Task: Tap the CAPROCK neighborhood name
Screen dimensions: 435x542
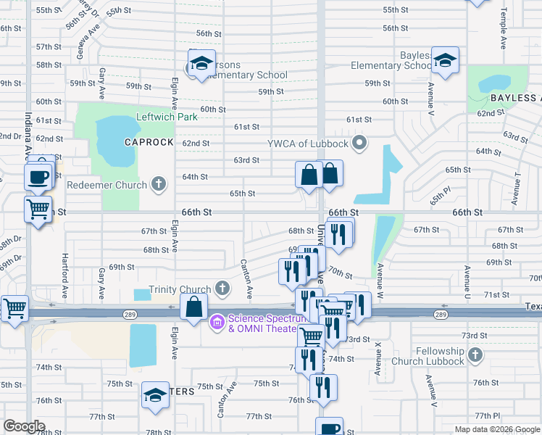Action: tap(149, 142)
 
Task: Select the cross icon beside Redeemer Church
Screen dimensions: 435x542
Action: tap(158, 184)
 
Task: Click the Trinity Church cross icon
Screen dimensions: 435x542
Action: tap(222, 289)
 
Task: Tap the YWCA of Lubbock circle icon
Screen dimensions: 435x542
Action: tap(357, 142)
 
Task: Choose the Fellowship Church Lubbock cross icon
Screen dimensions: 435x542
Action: tap(475, 355)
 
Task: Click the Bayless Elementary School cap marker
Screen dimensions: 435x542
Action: tap(445, 60)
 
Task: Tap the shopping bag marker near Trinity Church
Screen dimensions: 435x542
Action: tap(194, 307)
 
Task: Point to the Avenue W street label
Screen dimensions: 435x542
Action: tap(379, 278)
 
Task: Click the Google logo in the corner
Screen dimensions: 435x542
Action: tap(24, 426)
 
